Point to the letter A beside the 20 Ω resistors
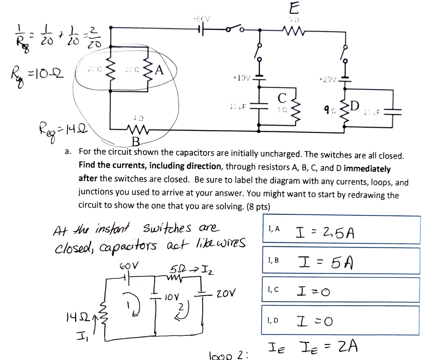tap(159, 70)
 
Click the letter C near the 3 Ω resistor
tap(282, 98)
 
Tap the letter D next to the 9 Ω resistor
tap(354, 106)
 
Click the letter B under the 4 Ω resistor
tap(136, 142)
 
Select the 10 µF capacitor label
tap(238, 106)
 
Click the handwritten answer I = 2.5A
tap(325, 232)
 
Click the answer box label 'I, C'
tap(273, 290)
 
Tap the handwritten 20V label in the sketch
tap(226, 293)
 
